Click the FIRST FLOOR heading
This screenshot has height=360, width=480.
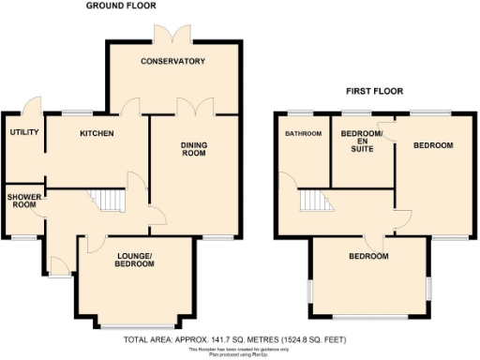point(371,91)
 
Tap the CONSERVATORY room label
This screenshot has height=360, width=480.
point(172,62)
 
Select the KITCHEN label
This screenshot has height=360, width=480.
point(97,134)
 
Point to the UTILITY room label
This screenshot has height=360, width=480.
point(23,132)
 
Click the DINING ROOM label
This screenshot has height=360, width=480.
point(194,151)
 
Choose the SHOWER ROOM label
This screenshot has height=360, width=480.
point(22,202)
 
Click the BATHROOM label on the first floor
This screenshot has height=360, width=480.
point(304,134)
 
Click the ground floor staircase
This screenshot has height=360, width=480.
point(110,200)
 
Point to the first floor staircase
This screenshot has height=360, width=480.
point(316,201)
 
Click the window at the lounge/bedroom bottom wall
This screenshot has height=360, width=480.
point(136,325)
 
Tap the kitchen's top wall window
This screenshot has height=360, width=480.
point(76,114)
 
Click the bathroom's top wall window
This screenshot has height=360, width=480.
point(302,113)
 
